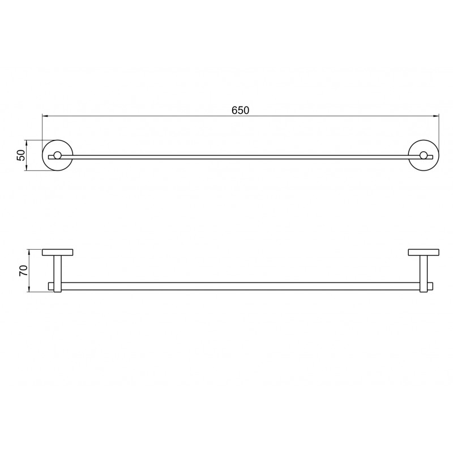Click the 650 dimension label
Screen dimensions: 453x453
[240, 110]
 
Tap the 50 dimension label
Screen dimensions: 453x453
[21, 155]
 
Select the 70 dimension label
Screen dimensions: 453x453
[23, 271]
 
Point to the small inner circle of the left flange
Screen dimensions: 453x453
[58, 155]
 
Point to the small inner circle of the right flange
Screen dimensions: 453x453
[424, 155]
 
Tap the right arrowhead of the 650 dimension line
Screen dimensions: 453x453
[436, 116]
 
